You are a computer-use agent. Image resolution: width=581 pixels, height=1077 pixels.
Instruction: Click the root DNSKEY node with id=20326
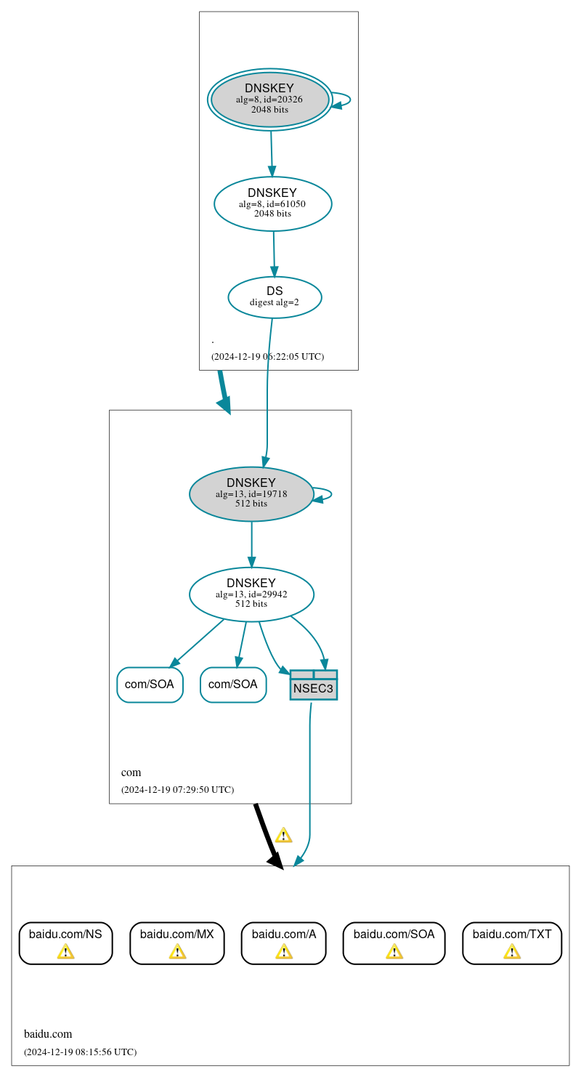point(270,100)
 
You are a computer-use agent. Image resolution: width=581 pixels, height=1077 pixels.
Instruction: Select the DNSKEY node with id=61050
point(272,203)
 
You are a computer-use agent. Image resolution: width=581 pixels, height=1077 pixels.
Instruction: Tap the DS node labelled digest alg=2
point(275,297)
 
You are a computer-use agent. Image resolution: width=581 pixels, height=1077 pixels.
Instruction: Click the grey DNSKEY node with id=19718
point(251,493)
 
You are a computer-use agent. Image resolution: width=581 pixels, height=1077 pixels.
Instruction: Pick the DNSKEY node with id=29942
point(251,594)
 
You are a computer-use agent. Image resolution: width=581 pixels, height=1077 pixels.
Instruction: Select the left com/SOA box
point(150,685)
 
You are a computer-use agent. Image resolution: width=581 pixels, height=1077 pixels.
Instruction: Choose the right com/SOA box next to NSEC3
point(233,685)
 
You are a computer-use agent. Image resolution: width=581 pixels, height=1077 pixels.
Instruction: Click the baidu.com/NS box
point(65,943)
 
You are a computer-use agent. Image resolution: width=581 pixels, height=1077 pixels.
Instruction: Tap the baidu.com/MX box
point(177,943)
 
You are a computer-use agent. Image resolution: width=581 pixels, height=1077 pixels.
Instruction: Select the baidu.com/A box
point(283,943)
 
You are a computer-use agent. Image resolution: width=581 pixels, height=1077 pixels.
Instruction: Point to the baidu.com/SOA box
point(394,943)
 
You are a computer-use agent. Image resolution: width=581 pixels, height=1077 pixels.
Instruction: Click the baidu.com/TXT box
point(512,943)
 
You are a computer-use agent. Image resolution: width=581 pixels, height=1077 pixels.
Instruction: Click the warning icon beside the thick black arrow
point(283,835)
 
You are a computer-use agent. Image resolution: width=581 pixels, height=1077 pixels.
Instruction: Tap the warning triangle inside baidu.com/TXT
point(512,951)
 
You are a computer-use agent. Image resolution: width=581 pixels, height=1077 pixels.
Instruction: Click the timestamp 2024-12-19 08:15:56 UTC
point(80,1052)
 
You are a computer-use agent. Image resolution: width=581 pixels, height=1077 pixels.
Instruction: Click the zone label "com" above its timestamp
point(131,773)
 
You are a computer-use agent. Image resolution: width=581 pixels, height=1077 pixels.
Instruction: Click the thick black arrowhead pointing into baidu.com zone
point(276,860)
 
